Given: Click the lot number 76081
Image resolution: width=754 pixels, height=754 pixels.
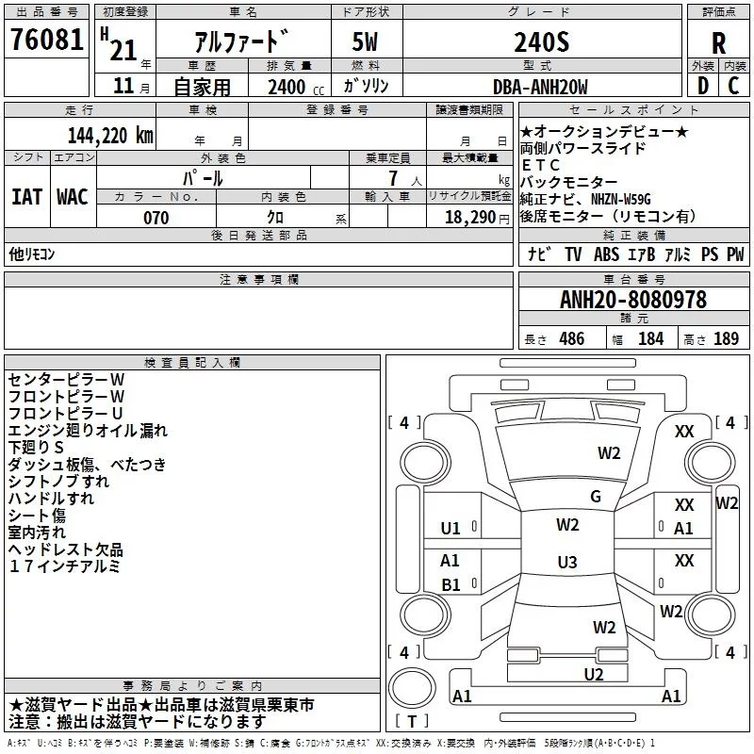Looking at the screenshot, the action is [x=46, y=40].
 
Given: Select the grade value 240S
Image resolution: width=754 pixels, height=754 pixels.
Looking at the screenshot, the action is [x=541, y=42].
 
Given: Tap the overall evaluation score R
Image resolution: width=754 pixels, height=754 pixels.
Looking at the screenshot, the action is [x=718, y=44].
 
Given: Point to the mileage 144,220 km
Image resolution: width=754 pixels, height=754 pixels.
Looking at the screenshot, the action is [x=110, y=136].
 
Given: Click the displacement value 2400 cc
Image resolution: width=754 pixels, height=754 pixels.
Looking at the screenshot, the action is [x=296, y=87].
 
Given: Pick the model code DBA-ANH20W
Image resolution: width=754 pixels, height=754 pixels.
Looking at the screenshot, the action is [x=540, y=87].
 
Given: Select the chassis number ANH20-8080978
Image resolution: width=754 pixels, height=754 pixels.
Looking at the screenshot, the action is [x=633, y=300].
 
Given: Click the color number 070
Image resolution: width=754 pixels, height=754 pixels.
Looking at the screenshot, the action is [x=156, y=218].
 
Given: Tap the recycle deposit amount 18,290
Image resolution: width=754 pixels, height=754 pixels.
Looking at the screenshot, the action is [x=470, y=218].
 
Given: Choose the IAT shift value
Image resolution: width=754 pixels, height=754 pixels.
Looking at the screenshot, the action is [x=27, y=197].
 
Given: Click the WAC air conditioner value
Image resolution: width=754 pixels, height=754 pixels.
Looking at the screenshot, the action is [x=73, y=197].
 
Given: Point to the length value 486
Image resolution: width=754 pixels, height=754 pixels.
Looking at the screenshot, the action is [x=572, y=338].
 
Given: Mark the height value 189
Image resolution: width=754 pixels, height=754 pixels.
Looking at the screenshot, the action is [x=726, y=338].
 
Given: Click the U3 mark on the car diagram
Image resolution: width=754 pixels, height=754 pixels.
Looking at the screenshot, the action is [x=567, y=562].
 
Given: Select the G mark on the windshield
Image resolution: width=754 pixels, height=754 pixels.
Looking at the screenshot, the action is [x=596, y=497].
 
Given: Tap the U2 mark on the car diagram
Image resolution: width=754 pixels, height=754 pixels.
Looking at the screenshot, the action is [x=594, y=675].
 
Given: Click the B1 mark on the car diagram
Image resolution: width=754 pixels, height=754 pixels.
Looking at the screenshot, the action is [x=451, y=584].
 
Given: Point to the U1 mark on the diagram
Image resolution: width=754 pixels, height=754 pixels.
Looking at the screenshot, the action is [x=451, y=529].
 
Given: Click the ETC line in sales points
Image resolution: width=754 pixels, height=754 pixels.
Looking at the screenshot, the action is [x=541, y=165].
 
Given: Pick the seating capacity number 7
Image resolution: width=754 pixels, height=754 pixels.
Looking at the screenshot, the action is [x=393, y=178].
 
